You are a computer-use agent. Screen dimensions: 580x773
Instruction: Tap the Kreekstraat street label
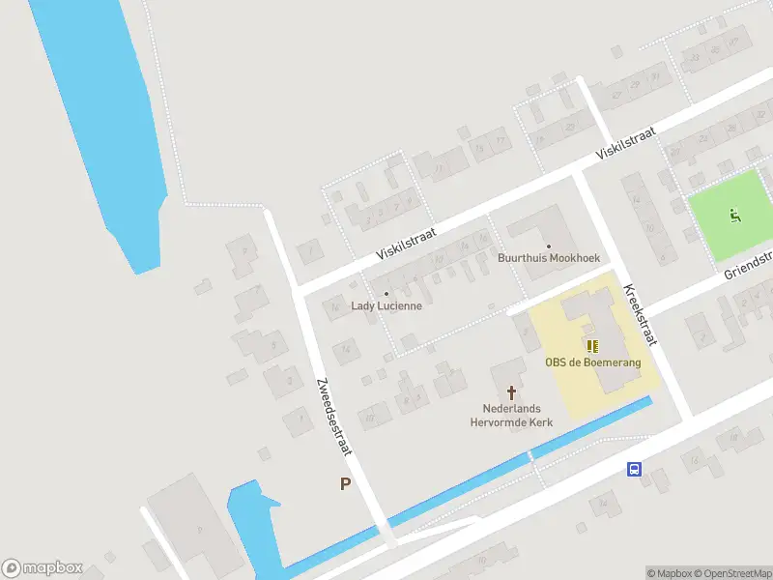(x=640, y=314)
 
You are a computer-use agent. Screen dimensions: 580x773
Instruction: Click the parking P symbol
(x=345, y=483)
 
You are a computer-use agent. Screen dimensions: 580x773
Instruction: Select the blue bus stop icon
(x=634, y=470)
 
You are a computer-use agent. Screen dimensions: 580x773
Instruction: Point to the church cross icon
(x=512, y=392)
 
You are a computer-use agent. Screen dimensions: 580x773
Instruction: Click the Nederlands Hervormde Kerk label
(x=509, y=415)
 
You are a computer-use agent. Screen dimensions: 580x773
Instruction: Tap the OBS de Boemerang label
(x=592, y=362)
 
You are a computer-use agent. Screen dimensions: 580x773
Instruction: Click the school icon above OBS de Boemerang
(x=591, y=345)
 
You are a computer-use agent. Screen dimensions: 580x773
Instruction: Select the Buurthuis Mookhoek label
(x=548, y=258)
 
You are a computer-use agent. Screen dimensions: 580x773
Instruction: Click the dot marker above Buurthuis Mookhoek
(x=548, y=246)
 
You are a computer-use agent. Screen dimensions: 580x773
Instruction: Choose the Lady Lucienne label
(x=386, y=305)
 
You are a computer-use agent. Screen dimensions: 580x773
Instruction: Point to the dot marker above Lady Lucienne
(x=386, y=293)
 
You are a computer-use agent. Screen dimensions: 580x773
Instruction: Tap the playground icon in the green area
(x=735, y=216)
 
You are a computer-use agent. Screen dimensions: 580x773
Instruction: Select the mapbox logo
(x=43, y=568)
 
